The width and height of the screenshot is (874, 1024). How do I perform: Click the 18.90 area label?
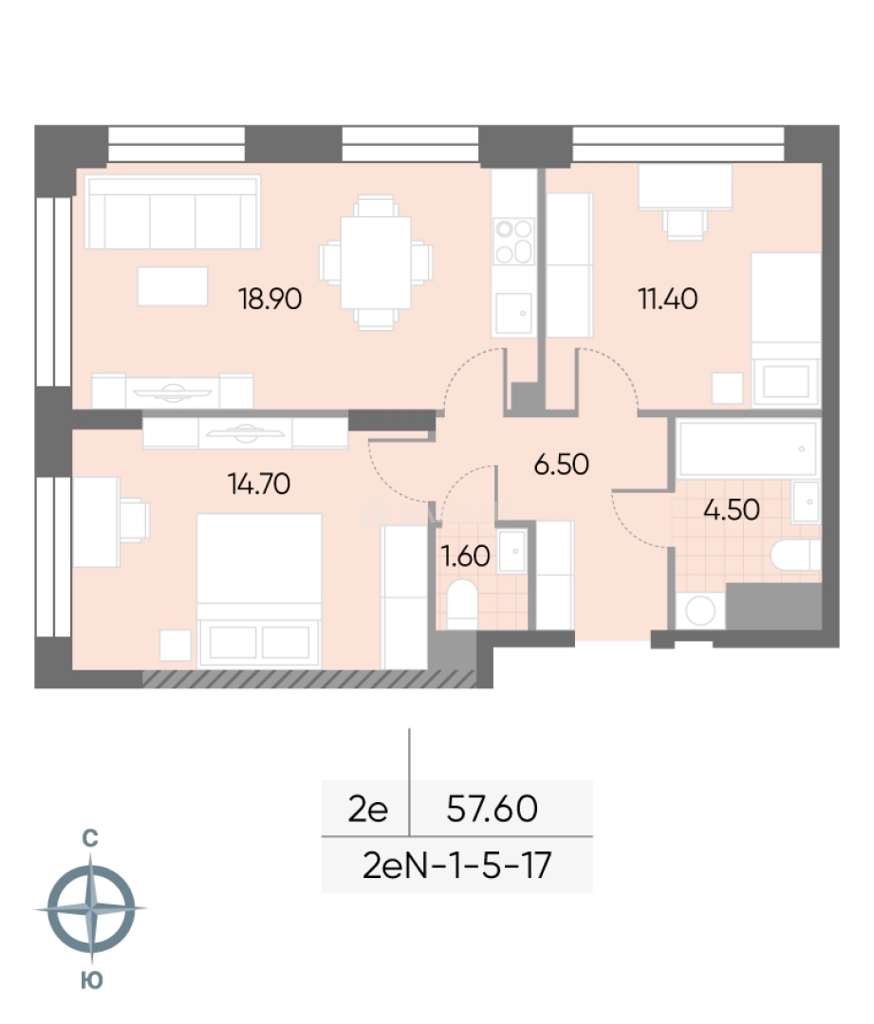pyautogui.click(x=270, y=299)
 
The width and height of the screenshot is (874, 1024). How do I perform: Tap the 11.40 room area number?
pyautogui.click(x=667, y=299)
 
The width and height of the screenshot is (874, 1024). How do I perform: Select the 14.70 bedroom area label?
pyautogui.click(x=259, y=484)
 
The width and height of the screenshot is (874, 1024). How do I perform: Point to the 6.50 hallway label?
pyautogui.click(x=561, y=465)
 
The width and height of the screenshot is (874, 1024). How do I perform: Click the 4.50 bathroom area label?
pyautogui.click(x=732, y=509)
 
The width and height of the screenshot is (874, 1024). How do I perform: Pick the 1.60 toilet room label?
pyautogui.click(x=465, y=556)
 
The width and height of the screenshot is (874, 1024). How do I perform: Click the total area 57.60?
pyautogui.click(x=492, y=809)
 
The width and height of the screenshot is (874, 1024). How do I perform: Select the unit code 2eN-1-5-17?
pyautogui.click(x=457, y=866)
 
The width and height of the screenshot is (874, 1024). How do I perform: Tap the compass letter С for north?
pyautogui.click(x=90, y=838)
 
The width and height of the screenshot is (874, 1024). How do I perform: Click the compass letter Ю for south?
pyautogui.click(x=91, y=980)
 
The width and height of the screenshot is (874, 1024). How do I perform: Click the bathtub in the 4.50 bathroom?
pyautogui.click(x=748, y=448)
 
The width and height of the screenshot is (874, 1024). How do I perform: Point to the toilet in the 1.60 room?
pyautogui.click(x=462, y=603)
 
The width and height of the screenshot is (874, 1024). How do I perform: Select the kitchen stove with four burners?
pyautogui.click(x=513, y=241)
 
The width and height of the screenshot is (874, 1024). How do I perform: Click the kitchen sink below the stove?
pyautogui.click(x=513, y=313)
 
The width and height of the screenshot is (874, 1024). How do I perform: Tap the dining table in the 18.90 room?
pyautogui.click(x=376, y=263)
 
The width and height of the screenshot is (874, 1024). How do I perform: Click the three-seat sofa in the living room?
pyautogui.click(x=173, y=212)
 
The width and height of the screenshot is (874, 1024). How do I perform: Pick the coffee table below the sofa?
pyautogui.click(x=173, y=286)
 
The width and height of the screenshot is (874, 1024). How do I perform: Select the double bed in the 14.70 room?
pyautogui.click(x=259, y=591)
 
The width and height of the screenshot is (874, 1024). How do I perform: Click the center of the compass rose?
pyautogui.click(x=91, y=908)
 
